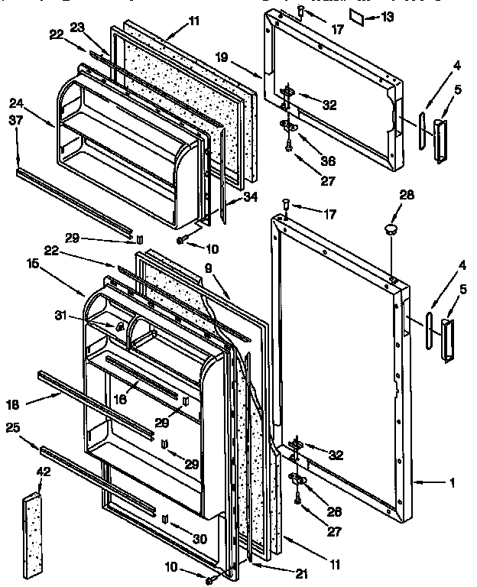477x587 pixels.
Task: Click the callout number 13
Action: (x=389, y=17)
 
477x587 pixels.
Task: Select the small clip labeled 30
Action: (x=165, y=519)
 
